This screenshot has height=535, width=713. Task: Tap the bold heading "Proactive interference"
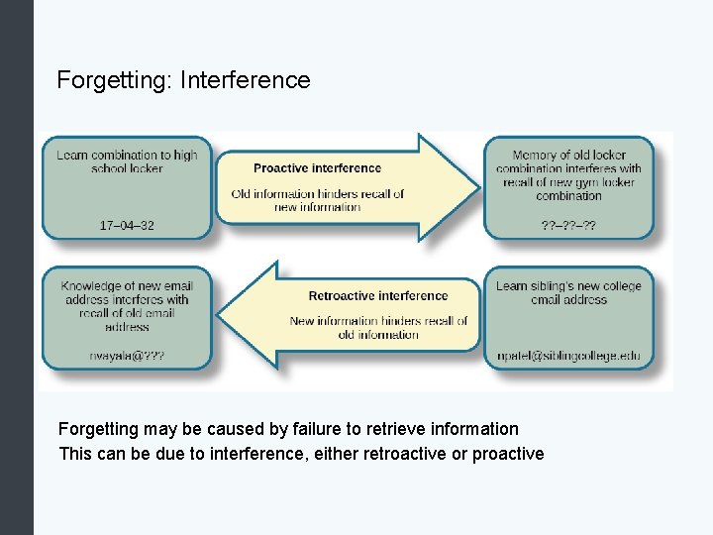pos(317,168)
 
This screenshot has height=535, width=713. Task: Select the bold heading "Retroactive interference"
pos(378,295)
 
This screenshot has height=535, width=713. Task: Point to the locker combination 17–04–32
pos(127,226)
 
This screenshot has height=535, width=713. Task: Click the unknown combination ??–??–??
pos(568,226)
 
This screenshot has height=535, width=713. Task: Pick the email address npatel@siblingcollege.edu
pos(568,356)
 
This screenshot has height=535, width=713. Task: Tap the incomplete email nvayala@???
pos(127,356)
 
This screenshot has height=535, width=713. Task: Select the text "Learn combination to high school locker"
pos(127,161)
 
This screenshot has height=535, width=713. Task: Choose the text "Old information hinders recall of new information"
pos(317,200)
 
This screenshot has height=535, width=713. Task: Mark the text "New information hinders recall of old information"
pos(378,328)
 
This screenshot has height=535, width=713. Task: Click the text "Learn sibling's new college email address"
pos(568,292)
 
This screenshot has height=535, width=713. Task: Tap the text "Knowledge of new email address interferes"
pos(127,292)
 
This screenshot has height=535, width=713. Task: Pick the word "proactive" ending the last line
pos(509,454)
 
